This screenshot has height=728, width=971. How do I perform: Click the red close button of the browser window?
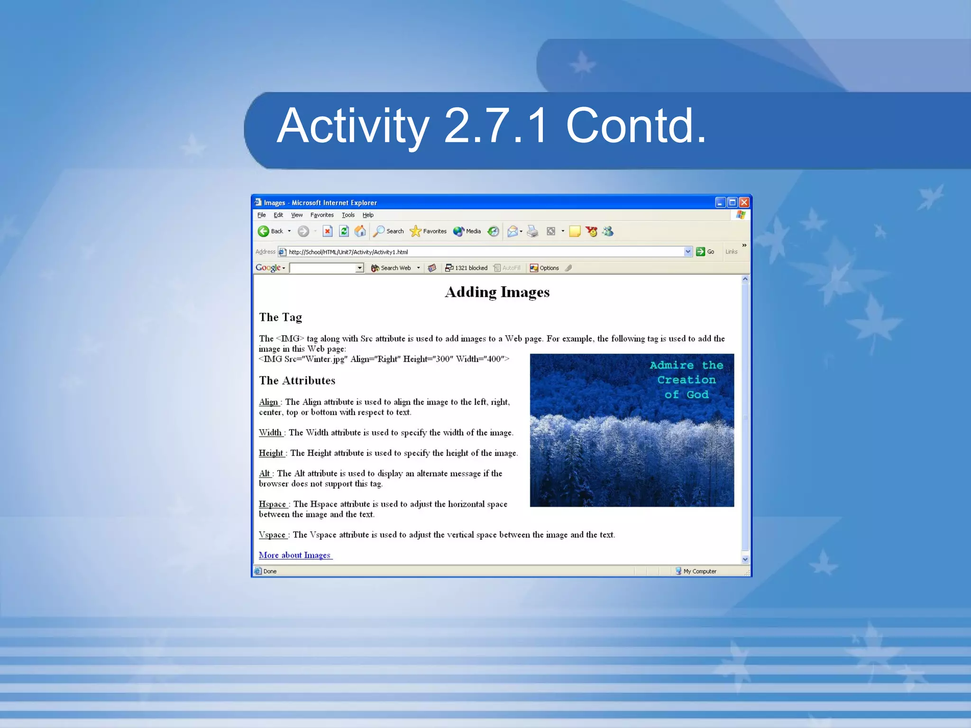coord(744,202)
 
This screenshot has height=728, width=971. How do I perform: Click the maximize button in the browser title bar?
coord(732,202)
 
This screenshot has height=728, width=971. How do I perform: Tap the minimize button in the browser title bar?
coord(720,202)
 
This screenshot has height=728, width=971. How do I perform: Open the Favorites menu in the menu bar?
coord(322,215)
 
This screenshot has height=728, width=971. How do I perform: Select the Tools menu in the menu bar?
coord(348,215)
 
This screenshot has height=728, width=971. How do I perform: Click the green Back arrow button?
coord(264,231)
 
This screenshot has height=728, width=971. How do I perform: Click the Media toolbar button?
coord(467,231)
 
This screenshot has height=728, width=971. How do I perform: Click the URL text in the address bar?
coord(348,252)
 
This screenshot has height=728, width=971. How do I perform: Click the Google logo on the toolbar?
coord(268,268)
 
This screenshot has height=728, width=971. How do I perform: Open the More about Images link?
coord(295,555)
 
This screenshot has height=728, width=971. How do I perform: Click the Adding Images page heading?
coord(497,292)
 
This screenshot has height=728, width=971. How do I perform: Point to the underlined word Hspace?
coord(273,504)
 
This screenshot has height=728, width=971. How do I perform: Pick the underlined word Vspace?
coord(272,535)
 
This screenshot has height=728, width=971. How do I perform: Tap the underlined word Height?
coord(271,453)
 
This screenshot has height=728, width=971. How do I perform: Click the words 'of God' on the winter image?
coord(686,395)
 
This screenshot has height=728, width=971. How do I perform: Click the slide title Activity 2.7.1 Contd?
coord(491,126)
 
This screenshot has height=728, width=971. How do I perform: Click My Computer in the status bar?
coord(699,571)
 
